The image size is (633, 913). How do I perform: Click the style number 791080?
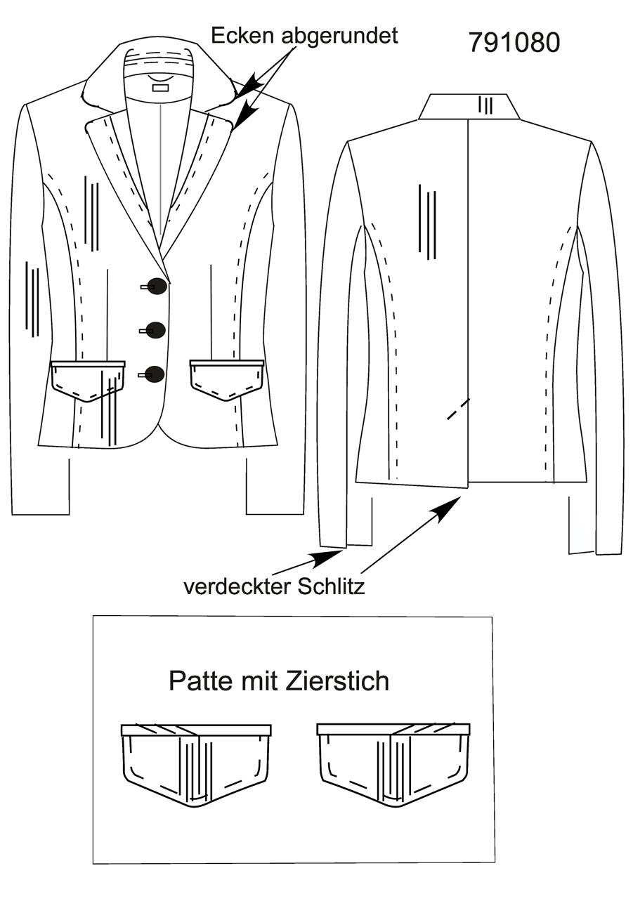tap(514, 42)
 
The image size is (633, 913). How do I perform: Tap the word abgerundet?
tap(340, 37)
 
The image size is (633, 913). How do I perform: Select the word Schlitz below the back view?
tap(331, 587)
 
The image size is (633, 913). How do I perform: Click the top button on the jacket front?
tap(156, 287)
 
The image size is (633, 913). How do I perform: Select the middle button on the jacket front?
tap(155, 331)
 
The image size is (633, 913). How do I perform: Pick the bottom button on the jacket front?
tap(155, 374)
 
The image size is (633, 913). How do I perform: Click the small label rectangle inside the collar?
tap(159, 88)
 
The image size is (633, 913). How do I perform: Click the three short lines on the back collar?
tap(485, 105)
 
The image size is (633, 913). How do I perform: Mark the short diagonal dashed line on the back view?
tap(459, 409)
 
